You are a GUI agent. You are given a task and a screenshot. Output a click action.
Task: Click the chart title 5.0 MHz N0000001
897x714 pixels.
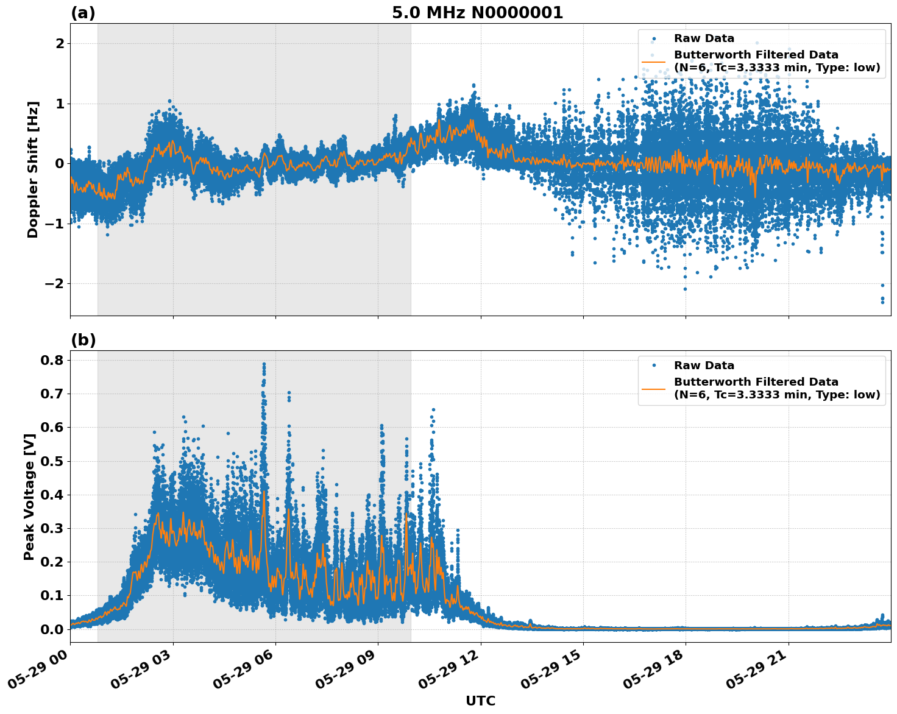477,13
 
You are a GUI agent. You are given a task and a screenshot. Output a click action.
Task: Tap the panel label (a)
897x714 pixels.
83,13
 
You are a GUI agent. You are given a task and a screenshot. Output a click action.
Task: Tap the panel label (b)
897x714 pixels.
83,340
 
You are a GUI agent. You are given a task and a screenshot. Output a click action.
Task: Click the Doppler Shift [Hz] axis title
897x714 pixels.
33,169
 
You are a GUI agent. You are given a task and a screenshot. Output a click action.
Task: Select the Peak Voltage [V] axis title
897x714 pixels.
29,497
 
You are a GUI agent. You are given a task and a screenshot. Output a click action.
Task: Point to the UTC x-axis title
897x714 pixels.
480,701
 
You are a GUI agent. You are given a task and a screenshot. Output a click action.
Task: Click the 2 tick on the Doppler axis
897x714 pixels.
60,43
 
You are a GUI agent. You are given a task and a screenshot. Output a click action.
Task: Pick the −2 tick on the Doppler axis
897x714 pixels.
55,284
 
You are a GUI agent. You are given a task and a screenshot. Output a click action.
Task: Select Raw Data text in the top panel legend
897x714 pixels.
704,38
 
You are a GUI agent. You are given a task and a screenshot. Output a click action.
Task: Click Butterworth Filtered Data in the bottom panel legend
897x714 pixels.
756,382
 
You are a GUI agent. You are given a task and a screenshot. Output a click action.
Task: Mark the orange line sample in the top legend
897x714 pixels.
653,61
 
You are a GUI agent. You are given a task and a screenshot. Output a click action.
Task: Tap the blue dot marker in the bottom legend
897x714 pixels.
654,366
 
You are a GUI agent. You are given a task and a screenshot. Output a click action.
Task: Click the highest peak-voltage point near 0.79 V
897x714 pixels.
264,364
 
